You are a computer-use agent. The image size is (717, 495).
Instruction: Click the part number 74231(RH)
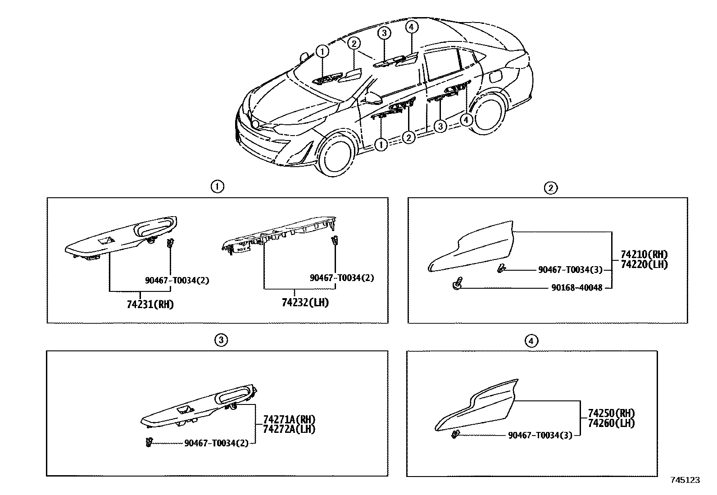(150, 304)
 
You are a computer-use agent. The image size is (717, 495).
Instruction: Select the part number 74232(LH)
(305, 303)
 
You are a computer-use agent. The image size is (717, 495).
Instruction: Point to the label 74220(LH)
(644, 265)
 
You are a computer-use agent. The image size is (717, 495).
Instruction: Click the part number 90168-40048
(576, 287)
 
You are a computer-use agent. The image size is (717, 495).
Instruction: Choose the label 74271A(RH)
(289, 419)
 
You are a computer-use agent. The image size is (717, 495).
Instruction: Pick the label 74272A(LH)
(289, 429)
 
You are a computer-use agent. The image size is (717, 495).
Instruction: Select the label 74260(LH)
(611, 423)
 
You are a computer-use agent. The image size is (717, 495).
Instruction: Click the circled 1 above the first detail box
(218, 186)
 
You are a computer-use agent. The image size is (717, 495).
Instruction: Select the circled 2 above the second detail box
(551, 188)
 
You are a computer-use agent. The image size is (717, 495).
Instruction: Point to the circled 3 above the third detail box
(221, 341)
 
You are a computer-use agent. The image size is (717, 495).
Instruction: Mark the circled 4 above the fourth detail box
(531, 341)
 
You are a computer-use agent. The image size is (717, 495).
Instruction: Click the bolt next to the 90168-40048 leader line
(456, 285)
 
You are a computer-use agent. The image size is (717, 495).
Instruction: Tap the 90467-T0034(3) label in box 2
(570, 270)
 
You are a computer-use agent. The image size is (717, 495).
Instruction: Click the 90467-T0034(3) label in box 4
(540, 435)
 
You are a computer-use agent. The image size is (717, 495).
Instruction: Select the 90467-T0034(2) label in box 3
(216, 443)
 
